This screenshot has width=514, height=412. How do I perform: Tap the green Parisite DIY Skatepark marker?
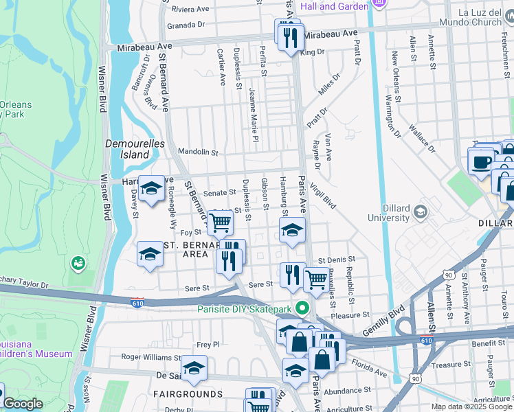click(300, 308)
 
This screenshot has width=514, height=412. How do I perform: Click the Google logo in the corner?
click(22, 404)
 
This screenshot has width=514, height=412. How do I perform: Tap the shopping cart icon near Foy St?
click(220, 222)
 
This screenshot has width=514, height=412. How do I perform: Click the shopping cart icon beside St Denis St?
click(315, 279)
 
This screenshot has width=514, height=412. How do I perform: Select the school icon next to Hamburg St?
click(292, 230)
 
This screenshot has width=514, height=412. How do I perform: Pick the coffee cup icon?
click(481, 162)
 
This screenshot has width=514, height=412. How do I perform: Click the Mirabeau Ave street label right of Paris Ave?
click(332, 33)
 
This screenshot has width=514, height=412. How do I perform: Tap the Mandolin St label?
click(197, 152)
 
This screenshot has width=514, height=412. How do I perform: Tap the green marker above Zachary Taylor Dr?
click(78, 262)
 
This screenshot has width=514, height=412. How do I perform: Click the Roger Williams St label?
click(150, 357)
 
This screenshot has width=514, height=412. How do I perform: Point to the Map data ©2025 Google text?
click(471, 407)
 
